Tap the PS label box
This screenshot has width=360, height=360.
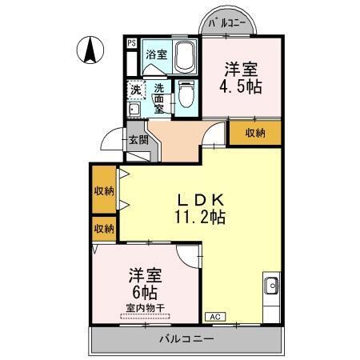pos(131,43)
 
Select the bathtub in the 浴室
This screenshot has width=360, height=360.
pos(184,57)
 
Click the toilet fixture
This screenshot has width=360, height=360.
pos(186,95)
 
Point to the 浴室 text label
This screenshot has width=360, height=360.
pos(156,55)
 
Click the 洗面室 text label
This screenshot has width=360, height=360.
pos(160,98)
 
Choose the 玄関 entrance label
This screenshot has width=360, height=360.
pos(138,139)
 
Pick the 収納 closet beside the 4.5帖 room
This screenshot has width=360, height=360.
pos(255,133)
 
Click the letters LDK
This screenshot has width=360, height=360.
pos(200,200)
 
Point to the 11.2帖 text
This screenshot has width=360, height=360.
pos(200,217)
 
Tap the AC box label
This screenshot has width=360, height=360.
pos(214,318)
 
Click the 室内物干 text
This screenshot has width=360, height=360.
pos(145,307)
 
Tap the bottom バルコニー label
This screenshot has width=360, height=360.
pos(185,339)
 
